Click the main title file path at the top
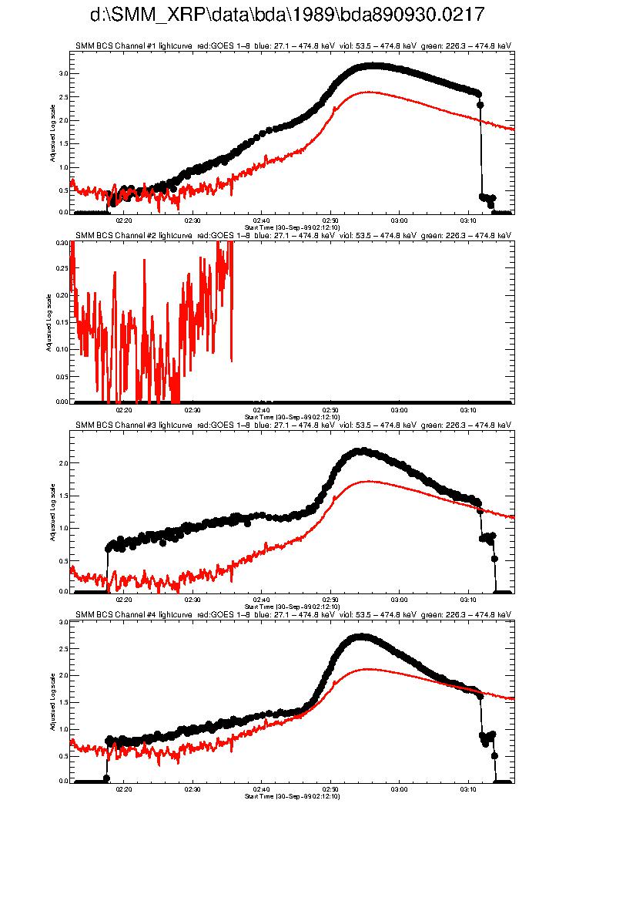287,15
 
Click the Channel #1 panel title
293,45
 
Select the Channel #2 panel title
293,235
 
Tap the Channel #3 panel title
293,425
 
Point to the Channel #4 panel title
293,614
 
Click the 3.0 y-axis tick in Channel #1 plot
63,73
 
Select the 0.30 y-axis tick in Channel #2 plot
62,242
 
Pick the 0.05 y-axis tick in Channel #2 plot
62,375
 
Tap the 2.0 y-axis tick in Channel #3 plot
63,462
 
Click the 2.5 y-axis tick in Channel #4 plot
63,648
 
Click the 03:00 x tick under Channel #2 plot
399,409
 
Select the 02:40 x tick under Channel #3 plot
262,599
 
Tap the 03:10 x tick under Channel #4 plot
468,789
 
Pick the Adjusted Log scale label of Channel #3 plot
52,511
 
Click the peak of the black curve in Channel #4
360,637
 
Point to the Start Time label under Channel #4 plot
292,796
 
